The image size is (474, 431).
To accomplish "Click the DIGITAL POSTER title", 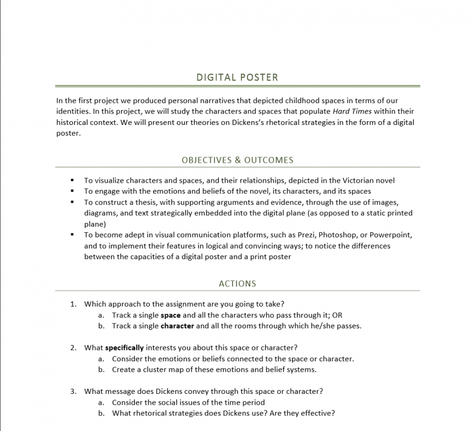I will coord(237,77).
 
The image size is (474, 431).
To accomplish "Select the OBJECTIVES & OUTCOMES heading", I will coord(237,160).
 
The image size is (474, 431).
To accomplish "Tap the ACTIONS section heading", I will coord(237,283).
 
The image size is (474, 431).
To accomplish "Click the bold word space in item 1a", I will coord(171,315).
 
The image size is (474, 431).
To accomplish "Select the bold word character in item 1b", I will coord(177,326).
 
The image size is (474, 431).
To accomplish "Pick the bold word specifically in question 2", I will coord(125,347).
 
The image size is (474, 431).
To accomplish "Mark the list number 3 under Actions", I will coord(73,391).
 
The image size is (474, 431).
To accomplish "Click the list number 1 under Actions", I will coord(73,304).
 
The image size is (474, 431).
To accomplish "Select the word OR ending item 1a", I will coord(337,315).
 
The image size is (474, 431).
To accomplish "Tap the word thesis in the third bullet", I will coord(142,202).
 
